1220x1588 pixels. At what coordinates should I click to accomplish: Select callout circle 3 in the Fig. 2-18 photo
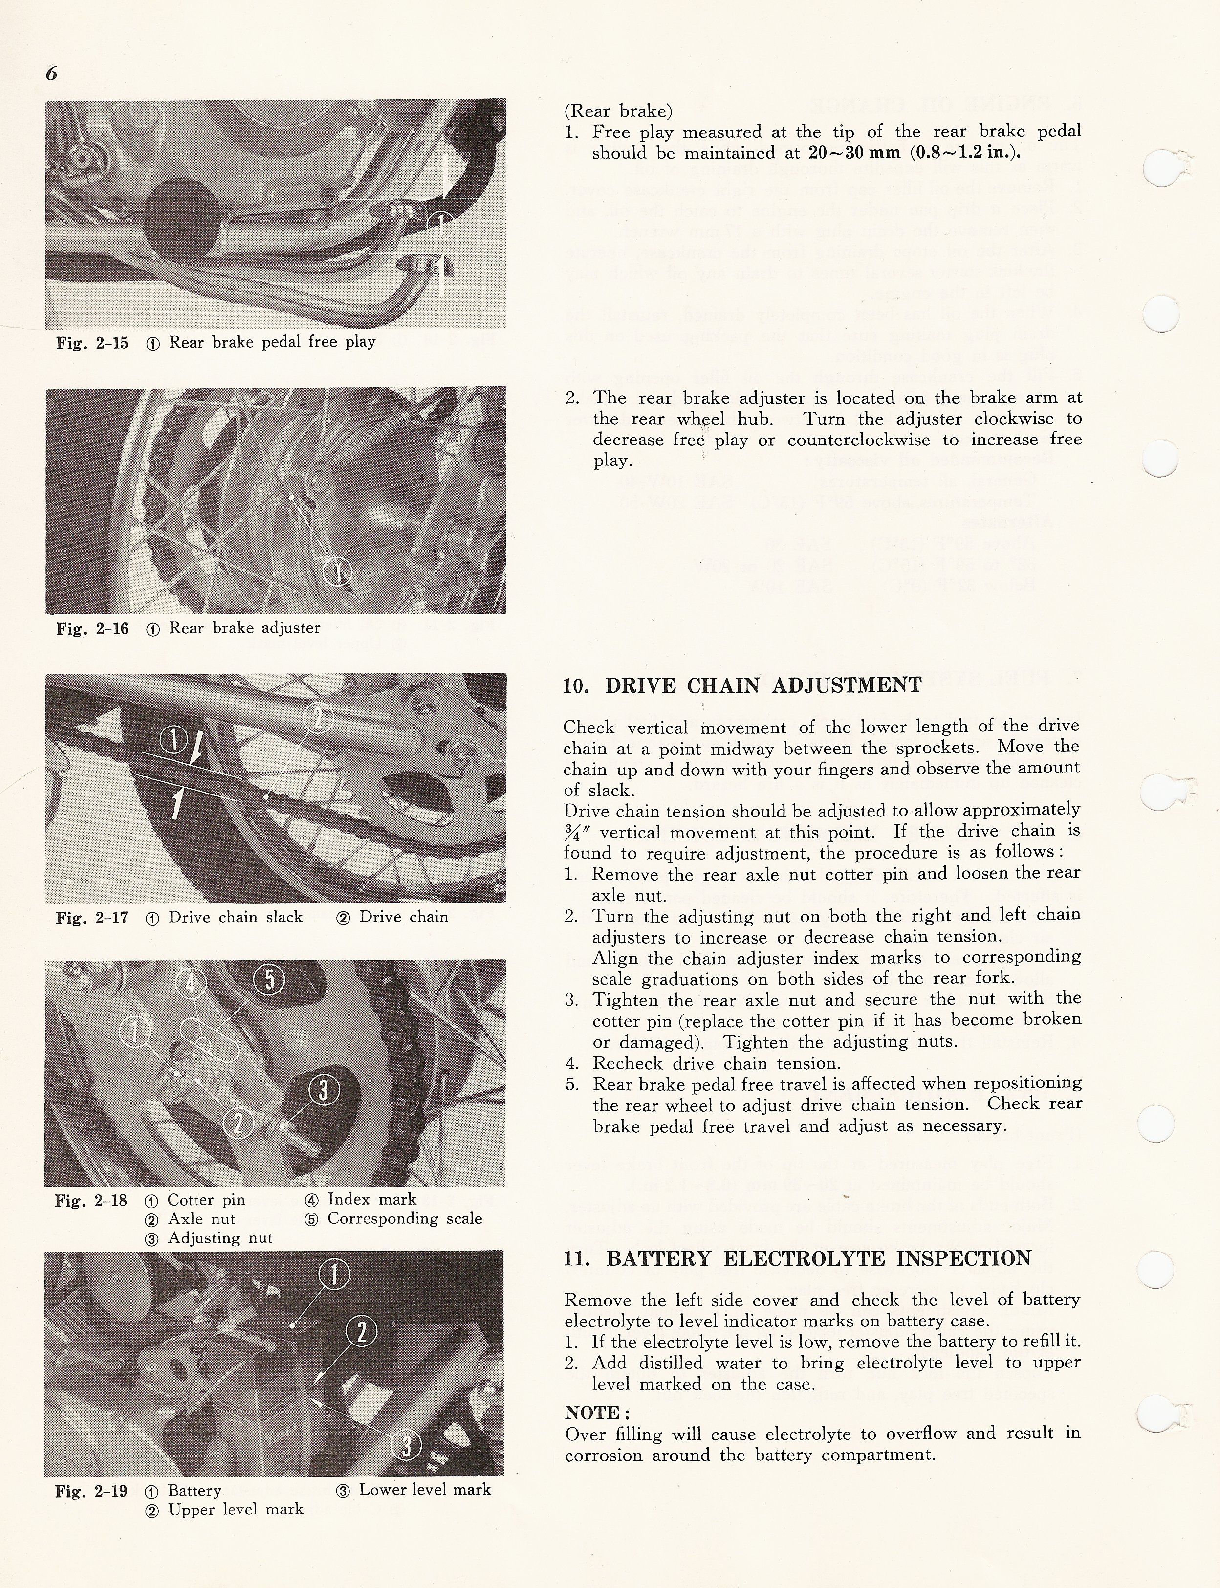(x=324, y=1090)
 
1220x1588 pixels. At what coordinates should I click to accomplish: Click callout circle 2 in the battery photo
(x=362, y=1332)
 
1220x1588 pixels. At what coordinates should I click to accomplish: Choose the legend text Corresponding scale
(x=405, y=1218)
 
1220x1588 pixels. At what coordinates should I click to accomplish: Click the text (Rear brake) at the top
(x=618, y=111)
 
